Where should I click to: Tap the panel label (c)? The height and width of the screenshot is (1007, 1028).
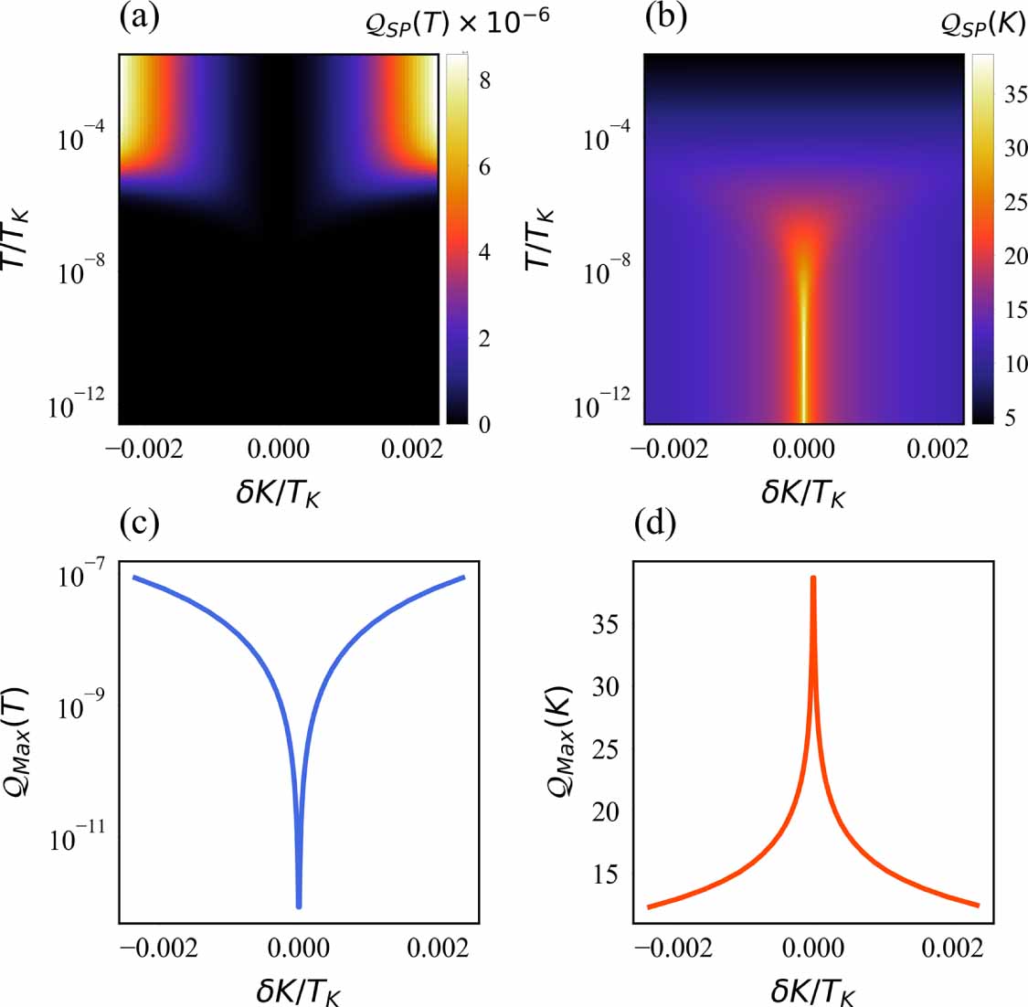[139, 523]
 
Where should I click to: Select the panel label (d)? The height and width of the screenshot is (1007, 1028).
[653, 523]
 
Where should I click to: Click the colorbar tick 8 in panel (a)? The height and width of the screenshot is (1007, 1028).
[484, 80]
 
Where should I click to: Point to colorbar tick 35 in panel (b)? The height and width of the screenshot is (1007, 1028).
[1015, 96]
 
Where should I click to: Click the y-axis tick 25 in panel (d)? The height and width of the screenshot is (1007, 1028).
[605, 749]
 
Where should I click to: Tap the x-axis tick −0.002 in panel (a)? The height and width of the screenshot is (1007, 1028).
[143, 449]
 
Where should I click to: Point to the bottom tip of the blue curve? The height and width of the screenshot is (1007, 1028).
[298, 906]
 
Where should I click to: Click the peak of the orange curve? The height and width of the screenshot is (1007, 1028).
[812, 578]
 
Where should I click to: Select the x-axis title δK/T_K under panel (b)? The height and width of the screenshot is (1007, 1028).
[803, 494]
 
